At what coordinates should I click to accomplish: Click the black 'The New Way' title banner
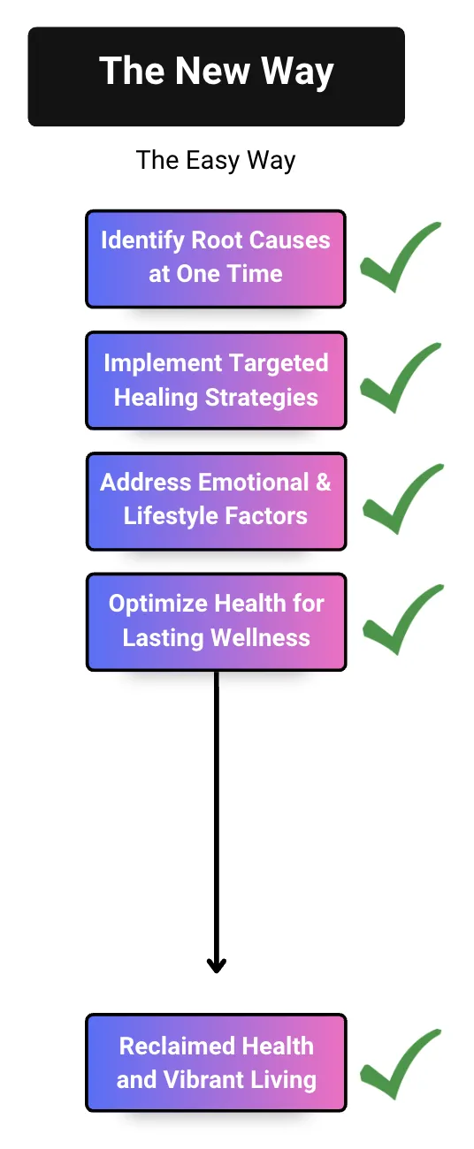tap(216, 76)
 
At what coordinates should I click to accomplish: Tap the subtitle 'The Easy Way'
tap(216, 160)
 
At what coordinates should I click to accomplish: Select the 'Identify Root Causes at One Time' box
tap(216, 258)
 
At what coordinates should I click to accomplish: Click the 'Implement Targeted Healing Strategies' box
tap(216, 380)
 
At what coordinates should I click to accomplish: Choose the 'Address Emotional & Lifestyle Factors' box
tap(216, 501)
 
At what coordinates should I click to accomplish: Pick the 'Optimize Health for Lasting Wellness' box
tap(216, 622)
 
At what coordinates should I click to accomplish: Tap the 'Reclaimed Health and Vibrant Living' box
tap(216, 1062)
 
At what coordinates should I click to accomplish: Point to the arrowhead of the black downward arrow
tap(217, 965)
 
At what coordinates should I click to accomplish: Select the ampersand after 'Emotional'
tap(323, 483)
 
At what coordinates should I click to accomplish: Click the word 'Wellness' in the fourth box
tap(260, 637)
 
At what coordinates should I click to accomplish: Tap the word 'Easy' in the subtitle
tap(213, 161)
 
